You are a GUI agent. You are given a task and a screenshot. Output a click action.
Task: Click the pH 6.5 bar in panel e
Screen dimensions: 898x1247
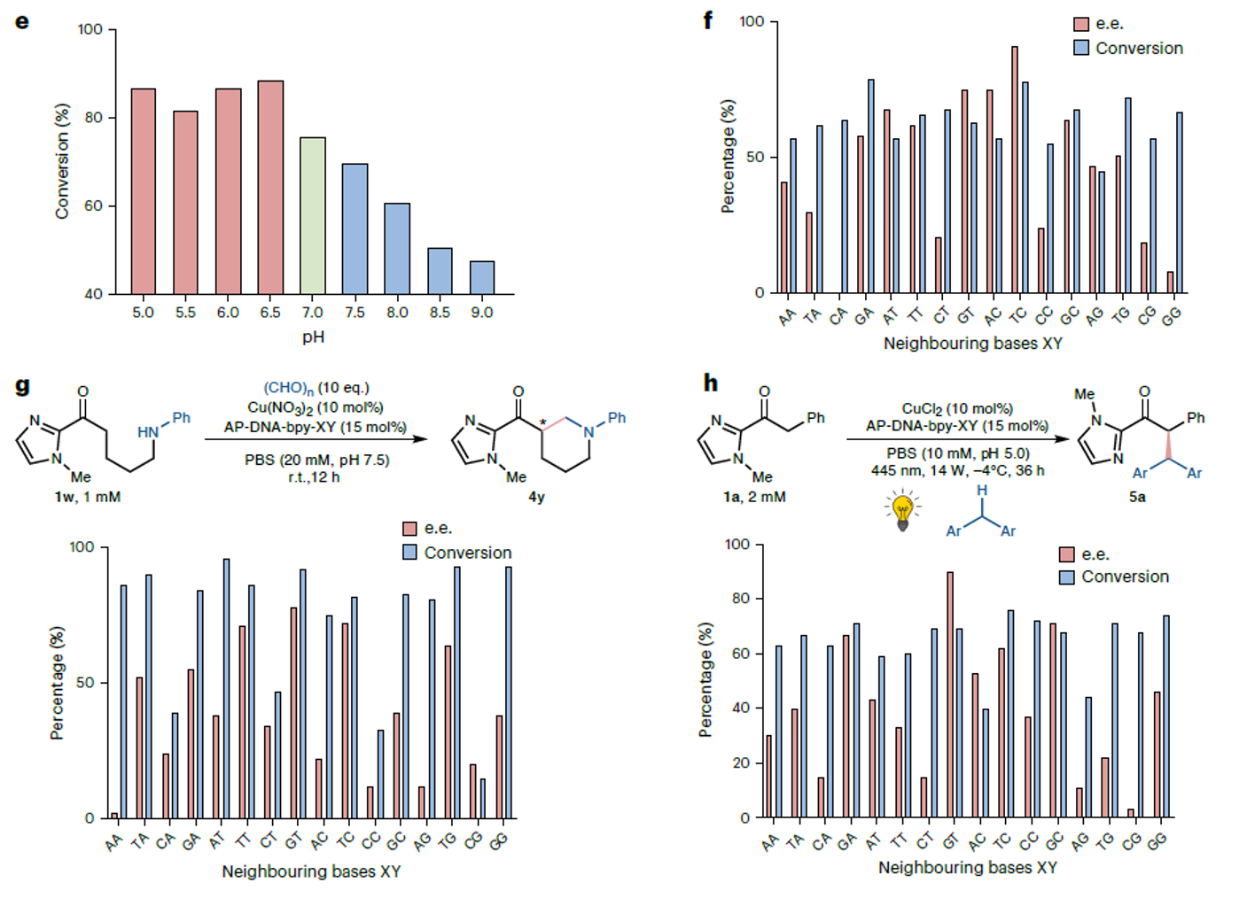pyautogui.click(x=270, y=188)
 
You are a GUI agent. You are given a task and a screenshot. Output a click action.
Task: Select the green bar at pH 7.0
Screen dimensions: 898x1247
pyautogui.click(x=313, y=216)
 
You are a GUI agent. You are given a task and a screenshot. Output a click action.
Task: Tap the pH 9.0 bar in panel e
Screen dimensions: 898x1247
pyautogui.click(x=482, y=277)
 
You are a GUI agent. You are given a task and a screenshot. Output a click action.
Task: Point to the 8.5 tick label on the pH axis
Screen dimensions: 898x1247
pyautogui.click(x=440, y=313)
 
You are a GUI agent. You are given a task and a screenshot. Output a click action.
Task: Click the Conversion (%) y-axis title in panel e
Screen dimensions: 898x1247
pyautogui.click(x=61, y=161)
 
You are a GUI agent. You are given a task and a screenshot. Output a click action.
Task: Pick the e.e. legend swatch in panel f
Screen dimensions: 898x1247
pyautogui.click(x=1081, y=24)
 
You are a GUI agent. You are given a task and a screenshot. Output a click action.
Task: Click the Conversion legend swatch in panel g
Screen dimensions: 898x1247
pyautogui.click(x=409, y=553)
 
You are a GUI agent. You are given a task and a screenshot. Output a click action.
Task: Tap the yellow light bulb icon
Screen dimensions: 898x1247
pyautogui.click(x=902, y=511)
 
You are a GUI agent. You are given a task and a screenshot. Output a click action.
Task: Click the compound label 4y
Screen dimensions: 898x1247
pyautogui.click(x=536, y=497)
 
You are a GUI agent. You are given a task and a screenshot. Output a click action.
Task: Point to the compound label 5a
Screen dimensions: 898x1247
pyautogui.click(x=1137, y=497)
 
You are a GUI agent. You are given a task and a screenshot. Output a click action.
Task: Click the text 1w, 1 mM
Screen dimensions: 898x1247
pyautogui.click(x=87, y=497)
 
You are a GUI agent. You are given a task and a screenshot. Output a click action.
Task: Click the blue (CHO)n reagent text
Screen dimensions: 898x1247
pyautogui.click(x=289, y=388)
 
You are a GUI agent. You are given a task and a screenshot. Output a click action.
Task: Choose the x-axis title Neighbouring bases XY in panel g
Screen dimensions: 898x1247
pyautogui.click(x=311, y=871)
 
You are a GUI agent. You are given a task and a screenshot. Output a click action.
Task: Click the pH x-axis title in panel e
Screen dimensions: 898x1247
pyautogui.click(x=313, y=337)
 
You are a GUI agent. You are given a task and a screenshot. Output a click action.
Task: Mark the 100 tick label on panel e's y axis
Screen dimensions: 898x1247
pyautogui.click(x=90, y=29)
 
